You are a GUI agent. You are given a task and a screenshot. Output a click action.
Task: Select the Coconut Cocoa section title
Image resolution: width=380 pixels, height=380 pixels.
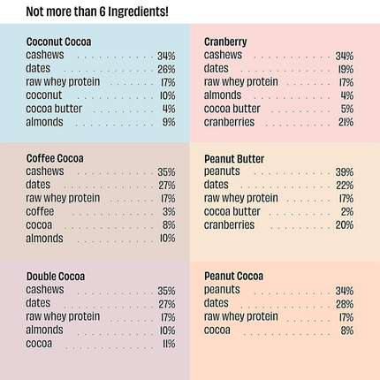pyautogui.click(x=58, y=42)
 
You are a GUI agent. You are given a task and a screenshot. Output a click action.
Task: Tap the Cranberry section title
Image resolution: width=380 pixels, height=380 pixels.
pyautogui.click(x=225, y=42)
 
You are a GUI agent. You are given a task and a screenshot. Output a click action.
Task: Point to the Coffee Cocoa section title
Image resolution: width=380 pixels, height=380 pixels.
pyautogui.click(x=55, y=158)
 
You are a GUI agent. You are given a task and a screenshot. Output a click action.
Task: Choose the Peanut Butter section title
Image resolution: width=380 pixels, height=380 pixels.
pyautogui.click(x=234, y=159)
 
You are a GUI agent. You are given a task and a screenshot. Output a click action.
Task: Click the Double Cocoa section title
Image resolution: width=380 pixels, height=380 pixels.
pyautogui.click(x=56, y=276)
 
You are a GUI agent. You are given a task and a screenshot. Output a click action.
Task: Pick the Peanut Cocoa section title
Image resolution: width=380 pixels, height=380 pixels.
pyautogui.click(x=233, y=276)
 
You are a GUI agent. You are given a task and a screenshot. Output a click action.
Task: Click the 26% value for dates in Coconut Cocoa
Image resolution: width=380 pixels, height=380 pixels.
pyautogui.click(x=166, y=69)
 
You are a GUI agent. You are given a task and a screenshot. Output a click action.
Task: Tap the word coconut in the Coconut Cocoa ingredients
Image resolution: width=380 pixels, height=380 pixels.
pyautogui.click(x=44, y=95)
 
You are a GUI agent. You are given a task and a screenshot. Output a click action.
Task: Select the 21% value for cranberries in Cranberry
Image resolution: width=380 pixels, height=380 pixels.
pyautogui.click(x=345, y=122)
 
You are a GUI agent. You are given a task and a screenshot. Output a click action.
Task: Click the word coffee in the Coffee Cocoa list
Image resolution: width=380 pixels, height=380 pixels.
pyautogui.click(x=40, y=211)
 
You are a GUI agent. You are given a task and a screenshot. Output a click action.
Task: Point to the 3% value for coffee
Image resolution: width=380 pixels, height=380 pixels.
pyautogui.click(x=168, y=212)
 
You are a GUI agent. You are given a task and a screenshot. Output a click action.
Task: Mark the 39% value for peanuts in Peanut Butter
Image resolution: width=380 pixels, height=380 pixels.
pyautogui.click(x=344, y=172)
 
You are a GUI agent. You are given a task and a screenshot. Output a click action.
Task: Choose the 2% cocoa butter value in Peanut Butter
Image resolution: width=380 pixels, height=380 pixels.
pyautogui.click(x=346, y=212)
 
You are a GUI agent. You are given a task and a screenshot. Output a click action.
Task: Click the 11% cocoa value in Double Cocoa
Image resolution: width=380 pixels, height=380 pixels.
pyautogui.click(x=168, y=343)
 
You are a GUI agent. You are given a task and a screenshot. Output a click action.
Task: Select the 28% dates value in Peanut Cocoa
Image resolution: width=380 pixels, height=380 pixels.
pyautogui.click(x=344, y=303)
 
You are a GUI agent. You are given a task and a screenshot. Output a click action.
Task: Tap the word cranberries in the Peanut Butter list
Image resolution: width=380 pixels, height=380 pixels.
pyautogui.click(x=229, y=224)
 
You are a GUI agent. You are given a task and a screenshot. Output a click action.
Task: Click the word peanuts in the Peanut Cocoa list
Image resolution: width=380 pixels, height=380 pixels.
pyautogui.click(x=222, y=289)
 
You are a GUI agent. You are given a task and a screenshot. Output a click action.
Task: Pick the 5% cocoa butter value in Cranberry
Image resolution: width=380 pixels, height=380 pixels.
pyautogui.click(x=346, y=109)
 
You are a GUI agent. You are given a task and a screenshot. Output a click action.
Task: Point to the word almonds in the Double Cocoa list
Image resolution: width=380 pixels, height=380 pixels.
pyautogui.click(x=44, y=329)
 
